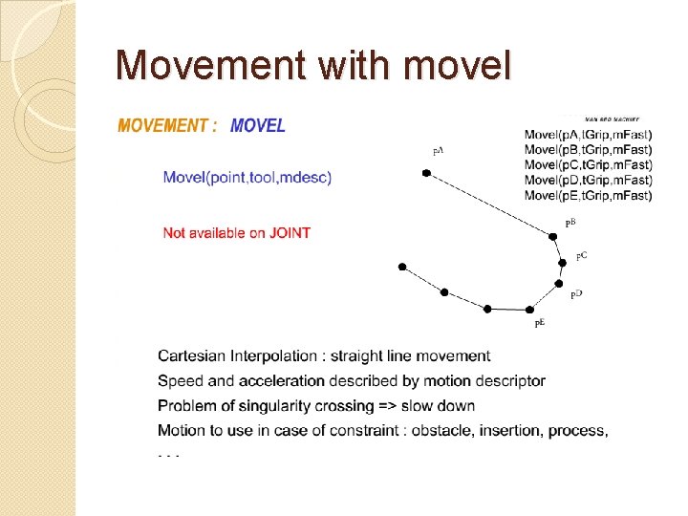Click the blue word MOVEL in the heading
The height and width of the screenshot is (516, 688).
tap(258, 125)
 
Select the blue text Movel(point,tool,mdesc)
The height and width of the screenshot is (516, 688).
tap(247, 177)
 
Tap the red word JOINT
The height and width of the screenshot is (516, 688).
tap(290, 232)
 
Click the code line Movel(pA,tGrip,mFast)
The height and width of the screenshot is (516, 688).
tap(589, 134)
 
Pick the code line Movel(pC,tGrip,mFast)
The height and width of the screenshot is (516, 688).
tap(589, 164)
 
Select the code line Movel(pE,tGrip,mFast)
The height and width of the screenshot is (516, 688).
tap(589, 195)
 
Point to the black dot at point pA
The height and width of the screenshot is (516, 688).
tap(427, 174)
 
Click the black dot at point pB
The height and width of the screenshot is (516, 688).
tap(553, 235)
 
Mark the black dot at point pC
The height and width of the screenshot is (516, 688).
tap(564, 263)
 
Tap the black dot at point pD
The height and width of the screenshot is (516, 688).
tap(559, 283)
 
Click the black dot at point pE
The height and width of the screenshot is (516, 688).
tap(530, 310)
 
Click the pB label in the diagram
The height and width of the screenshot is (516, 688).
tap(570, 222)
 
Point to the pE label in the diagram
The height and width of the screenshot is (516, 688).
tap(540, 324)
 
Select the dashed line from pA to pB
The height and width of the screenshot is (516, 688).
tap(490, 204)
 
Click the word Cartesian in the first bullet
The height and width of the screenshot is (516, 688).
tap(191, 356)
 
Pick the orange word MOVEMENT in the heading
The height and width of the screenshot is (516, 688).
tap(162, 125)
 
